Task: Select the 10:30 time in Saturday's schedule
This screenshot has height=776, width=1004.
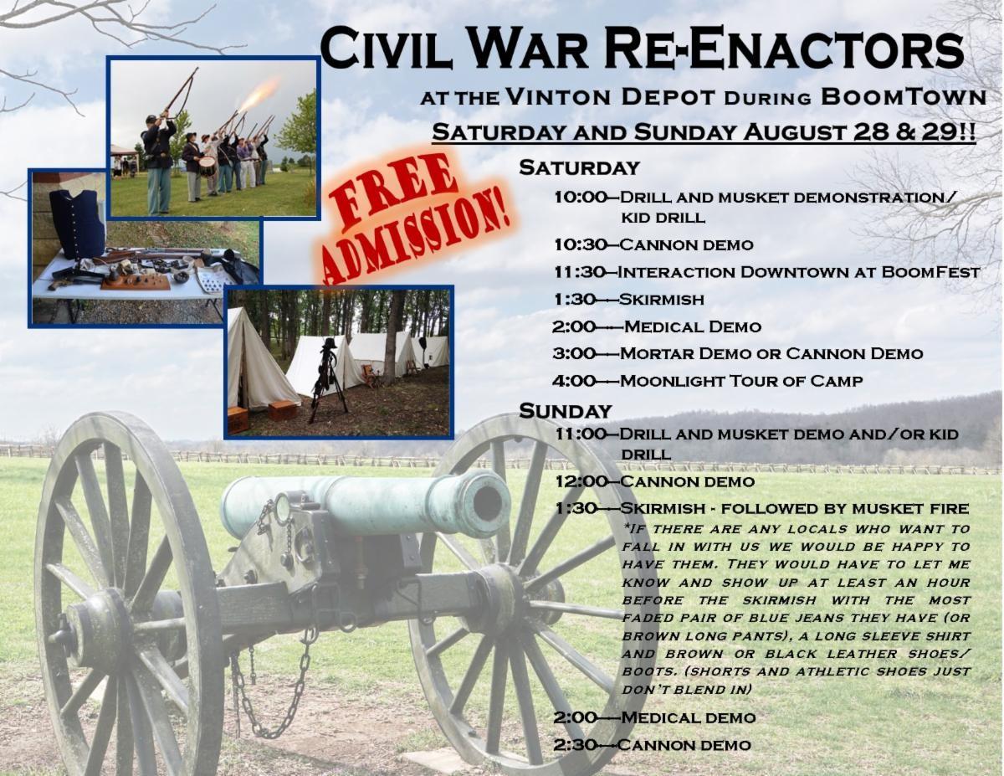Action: [x=580, y=244]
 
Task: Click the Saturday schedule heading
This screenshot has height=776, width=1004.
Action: [x=579, y=167]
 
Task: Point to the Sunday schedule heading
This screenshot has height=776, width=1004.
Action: [x=566, y=411]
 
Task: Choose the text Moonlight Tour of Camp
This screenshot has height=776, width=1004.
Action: [x=741, y=381]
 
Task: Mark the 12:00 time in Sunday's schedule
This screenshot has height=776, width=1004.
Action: [x=581, y=481]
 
